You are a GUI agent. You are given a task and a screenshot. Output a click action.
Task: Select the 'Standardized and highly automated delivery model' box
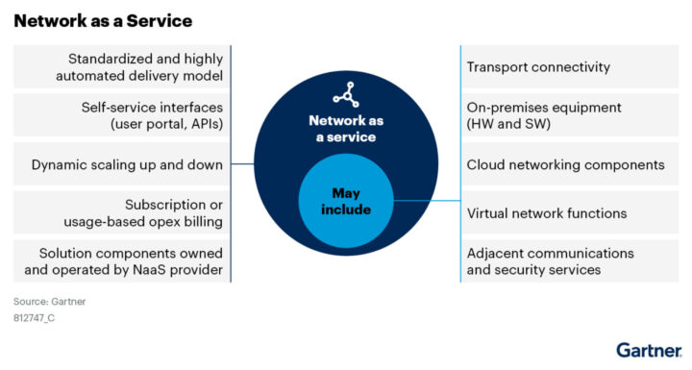click(122, 66)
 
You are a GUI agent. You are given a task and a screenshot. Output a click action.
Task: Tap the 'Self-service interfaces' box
click(122, 115)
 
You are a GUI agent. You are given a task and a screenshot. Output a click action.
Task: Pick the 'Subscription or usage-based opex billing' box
click(122, 213)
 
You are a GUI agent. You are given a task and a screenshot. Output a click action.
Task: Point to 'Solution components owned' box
click(122, 261)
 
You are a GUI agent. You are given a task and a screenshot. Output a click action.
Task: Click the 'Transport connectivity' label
click(538, 67)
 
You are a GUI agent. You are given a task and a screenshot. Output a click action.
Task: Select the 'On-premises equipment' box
click(544, 115)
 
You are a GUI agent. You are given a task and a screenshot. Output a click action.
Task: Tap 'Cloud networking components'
click(565, 164)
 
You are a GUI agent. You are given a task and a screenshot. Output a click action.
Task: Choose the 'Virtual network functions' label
click(547, 213)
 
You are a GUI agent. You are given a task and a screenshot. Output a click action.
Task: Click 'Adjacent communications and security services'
click(550, 261)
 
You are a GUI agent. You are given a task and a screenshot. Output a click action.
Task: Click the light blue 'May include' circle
click(346, 201)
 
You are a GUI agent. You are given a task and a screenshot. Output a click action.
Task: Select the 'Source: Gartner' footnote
click(50, 301)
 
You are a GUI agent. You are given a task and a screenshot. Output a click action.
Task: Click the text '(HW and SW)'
click(507, 125)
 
